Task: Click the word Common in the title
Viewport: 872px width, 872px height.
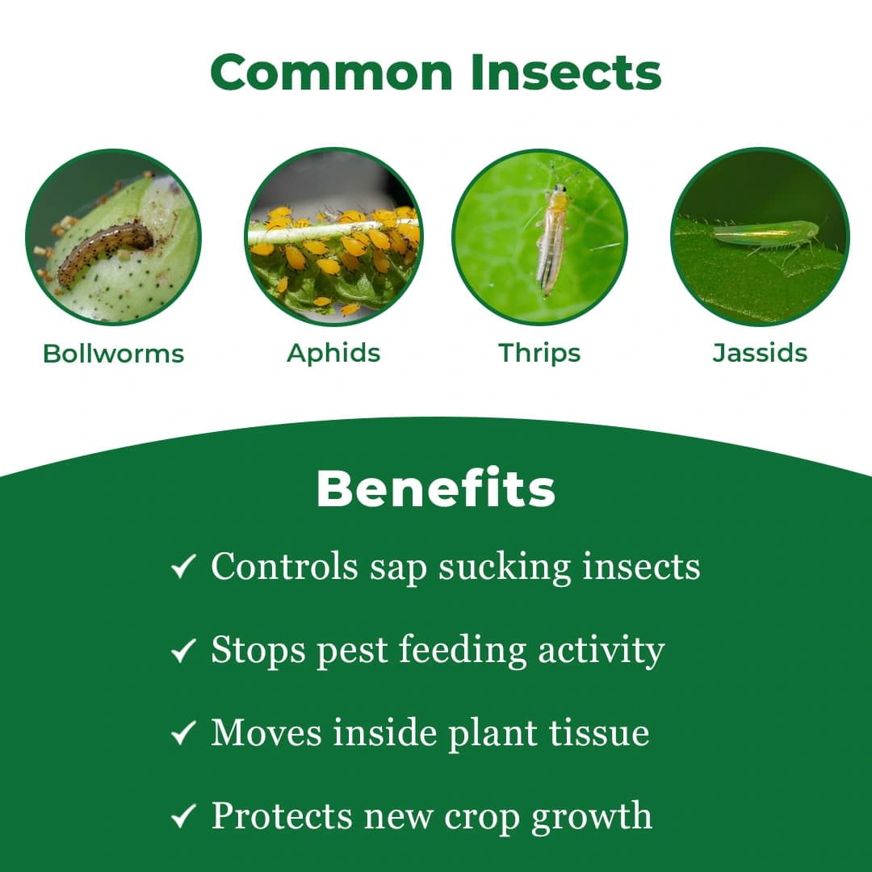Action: coord(333,72)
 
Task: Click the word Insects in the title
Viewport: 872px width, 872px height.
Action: coord(566,72)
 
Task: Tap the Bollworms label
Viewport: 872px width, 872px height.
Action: coord(114,354)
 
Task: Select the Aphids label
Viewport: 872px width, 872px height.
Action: coord(333,353)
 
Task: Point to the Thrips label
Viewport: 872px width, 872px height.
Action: coord(539,353)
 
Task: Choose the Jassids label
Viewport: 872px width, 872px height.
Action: coord(760,353)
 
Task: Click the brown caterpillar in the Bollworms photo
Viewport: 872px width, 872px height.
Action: coord(104,250)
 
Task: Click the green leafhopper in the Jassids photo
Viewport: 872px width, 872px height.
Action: coord(763,233)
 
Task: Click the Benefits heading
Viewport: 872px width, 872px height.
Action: coord(436,488)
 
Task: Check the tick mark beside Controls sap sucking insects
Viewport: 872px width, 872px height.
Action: coord(183,567)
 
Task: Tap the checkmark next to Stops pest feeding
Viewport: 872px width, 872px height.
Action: coord(183,650)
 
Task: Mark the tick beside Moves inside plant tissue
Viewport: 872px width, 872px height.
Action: coord(183,733)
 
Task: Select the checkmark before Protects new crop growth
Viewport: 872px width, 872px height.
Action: coord(183,816)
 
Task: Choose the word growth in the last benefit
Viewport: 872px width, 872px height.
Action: coord(591,817)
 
